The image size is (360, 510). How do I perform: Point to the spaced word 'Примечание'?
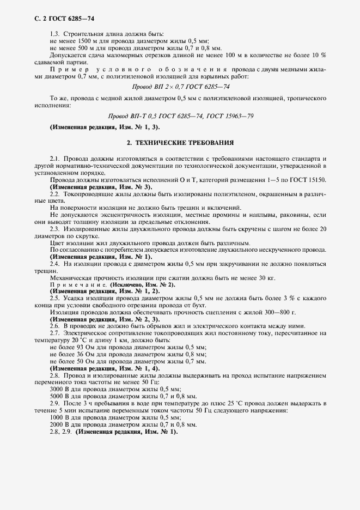78,285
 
